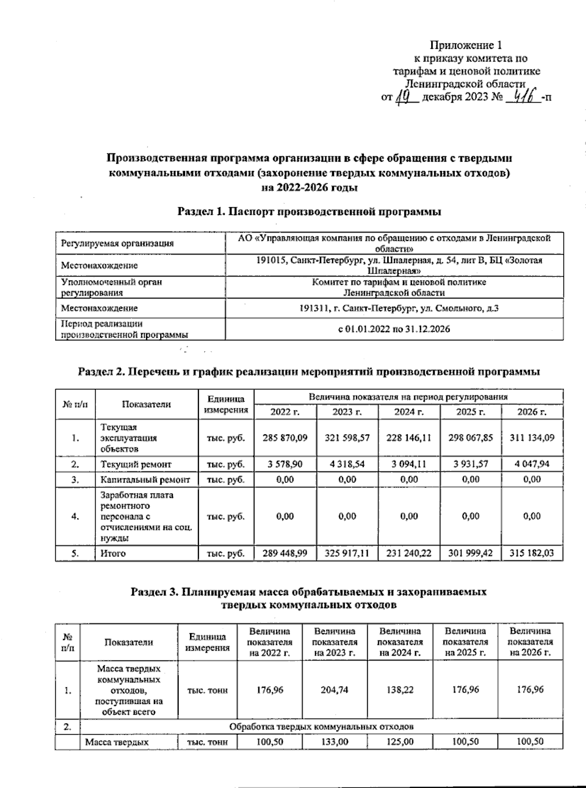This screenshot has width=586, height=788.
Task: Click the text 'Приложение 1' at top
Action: click(x=465, y=45)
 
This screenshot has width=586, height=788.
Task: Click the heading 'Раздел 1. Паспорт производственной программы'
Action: click(x=309, y=212)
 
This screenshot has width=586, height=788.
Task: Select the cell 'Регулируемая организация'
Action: click(x=117, y=243)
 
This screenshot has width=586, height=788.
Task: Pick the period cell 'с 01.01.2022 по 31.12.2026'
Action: click(x=394, y=329)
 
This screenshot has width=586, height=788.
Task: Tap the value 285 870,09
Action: click(x=285, y=438)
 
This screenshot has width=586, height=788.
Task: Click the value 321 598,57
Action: click(x=347, y=438)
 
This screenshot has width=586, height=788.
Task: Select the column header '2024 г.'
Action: click(x=409, y=412)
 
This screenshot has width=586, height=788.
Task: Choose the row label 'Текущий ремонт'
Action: click(x=136, y=464)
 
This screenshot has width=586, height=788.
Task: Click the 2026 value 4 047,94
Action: click(x=532, y=464)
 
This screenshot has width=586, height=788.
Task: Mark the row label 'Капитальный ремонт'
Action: click(x=145, y=480)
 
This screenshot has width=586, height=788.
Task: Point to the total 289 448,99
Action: click(x=285, y=554)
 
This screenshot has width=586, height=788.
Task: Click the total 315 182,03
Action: click(x=532, y=554)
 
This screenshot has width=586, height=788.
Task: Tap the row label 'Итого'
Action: click(x=113, y=554)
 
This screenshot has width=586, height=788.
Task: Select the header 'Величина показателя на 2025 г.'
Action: click(x=465, y=641)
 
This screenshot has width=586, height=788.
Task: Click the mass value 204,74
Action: click(x=335, y=690)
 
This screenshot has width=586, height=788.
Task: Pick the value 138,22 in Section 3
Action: click(x=400, y=690)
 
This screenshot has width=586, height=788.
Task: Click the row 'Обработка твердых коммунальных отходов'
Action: click(x=321, y=726)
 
